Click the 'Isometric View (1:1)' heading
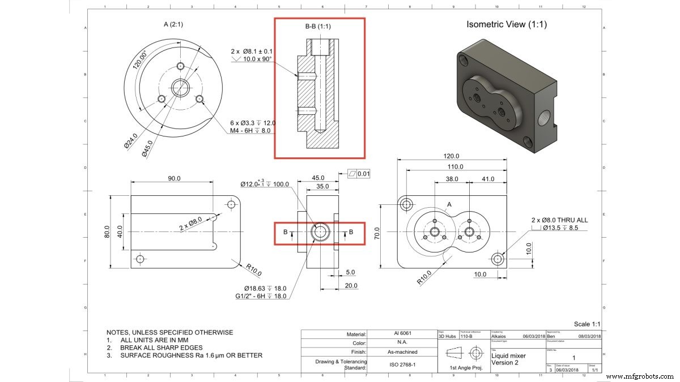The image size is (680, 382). [506, 24]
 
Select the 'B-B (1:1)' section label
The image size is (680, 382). [320, 27]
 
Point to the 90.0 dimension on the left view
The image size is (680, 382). [173, 178]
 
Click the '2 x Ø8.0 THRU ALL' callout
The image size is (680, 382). [559, 220]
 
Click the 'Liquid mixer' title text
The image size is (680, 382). [508, 355]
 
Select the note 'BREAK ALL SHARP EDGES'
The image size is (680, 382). [161, 347]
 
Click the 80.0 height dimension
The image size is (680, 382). [107, 232]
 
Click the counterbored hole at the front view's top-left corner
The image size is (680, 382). [406, 204]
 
